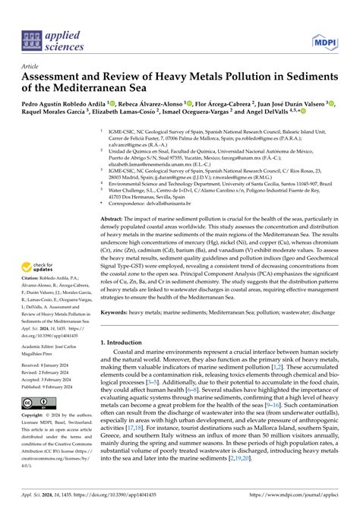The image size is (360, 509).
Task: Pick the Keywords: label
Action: pos(120,311)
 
